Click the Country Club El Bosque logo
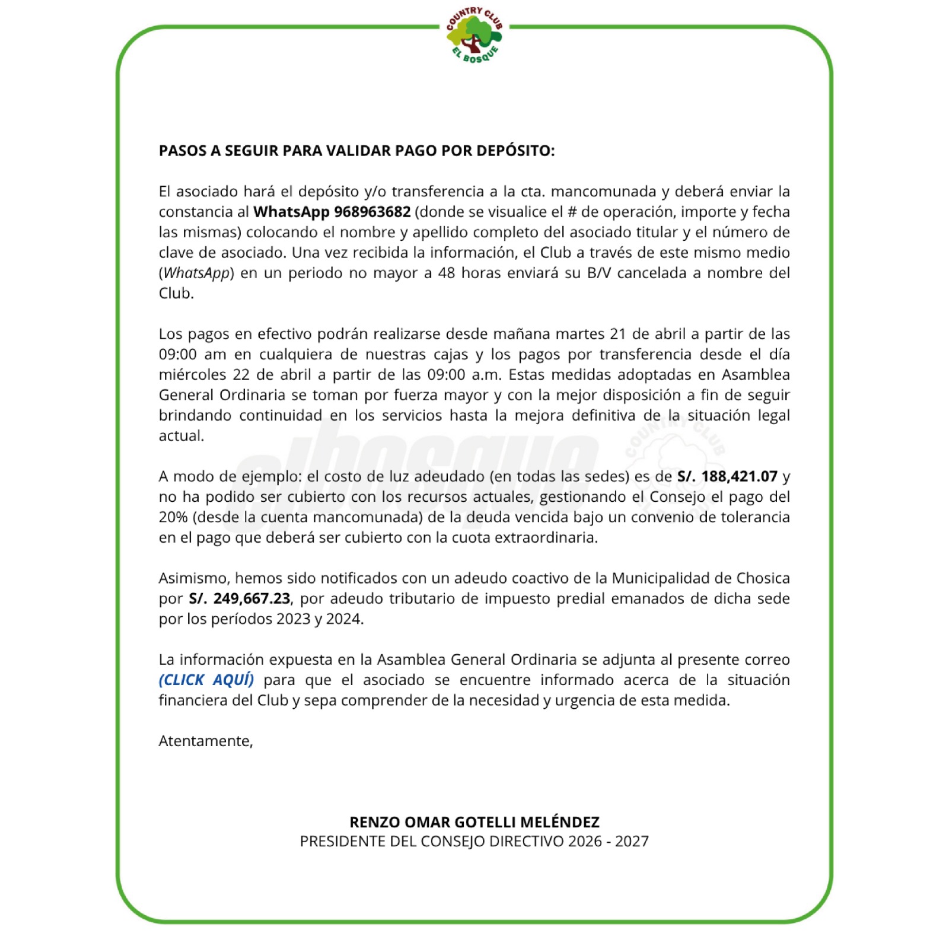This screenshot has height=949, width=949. tap(474, 36)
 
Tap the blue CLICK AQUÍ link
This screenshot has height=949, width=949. tap(206, 680)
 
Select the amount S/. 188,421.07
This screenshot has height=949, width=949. tap(727, 476)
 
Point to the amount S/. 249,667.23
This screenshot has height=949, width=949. tap(240, 598)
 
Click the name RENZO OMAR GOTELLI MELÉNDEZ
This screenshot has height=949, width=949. tap(474, 822)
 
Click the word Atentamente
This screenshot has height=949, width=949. tap(205, 741)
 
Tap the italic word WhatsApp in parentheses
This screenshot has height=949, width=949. tap(196, 273)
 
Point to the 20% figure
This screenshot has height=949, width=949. tap(173, 517)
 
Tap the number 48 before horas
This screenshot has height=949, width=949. tap(447, 273)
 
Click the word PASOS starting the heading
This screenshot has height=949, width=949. tap(182, 151)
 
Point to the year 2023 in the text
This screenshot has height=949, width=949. tap(289, 619)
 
